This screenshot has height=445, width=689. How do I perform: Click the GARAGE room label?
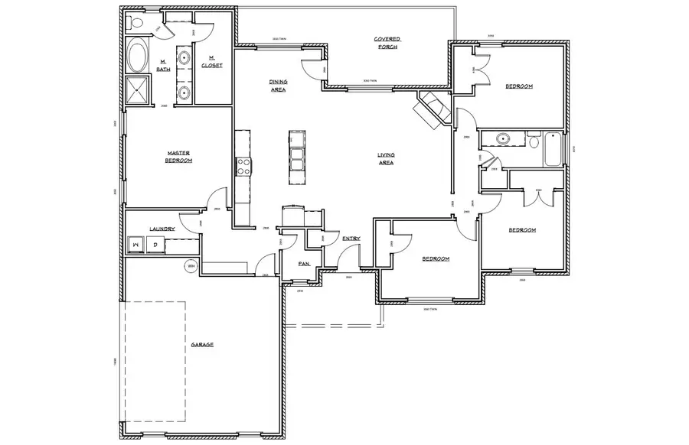coord(202,345)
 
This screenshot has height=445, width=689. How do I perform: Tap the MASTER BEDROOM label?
coord(178,157)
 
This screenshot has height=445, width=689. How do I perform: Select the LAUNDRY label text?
coord(162,229)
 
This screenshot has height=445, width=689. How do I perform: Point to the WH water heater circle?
coord(190,266)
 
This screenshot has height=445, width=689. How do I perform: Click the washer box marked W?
coord(136,245)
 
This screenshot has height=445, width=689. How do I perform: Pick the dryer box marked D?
coord(155,245)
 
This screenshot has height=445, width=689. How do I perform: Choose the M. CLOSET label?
coord(212,62)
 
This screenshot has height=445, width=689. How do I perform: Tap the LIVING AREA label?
coord(385,158)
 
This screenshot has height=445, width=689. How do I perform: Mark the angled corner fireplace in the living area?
coord(430,111)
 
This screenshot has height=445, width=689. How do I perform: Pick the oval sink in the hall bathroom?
coord(503,139)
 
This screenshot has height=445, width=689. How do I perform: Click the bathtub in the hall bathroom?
coord(552,150)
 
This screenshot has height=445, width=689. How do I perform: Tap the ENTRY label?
coord(351,239)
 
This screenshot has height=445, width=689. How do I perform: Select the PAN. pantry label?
coord(304,263)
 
